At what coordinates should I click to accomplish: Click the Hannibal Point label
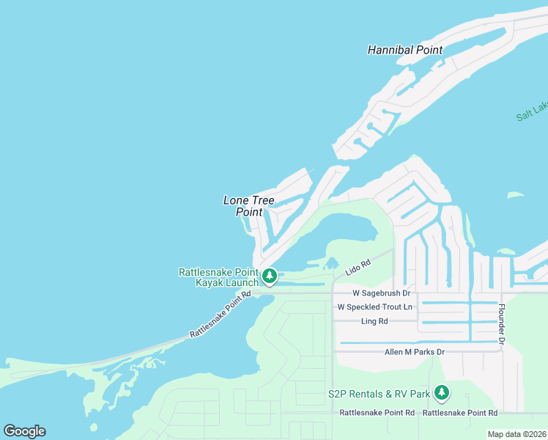click(405, 51)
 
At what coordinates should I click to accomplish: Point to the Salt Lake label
click(533, 111)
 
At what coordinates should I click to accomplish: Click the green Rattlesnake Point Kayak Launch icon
click(270, 276)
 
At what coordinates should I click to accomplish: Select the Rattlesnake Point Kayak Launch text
click(218, 277)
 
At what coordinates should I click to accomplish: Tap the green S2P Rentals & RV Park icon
click(441, 394)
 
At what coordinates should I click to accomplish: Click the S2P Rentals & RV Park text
click(379, 394)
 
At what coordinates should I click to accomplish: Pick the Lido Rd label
click(358, 268)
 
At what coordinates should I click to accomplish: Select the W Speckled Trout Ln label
click(374, 307)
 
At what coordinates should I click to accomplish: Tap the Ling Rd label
click(374, 321)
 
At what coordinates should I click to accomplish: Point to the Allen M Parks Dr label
click(415, 352)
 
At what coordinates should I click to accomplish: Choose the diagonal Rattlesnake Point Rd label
click(220, 315)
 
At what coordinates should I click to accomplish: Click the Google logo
click(24, 431)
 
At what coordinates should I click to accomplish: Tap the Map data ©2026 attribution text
click(516, 434)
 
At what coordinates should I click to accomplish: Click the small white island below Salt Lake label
click(516, 196)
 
